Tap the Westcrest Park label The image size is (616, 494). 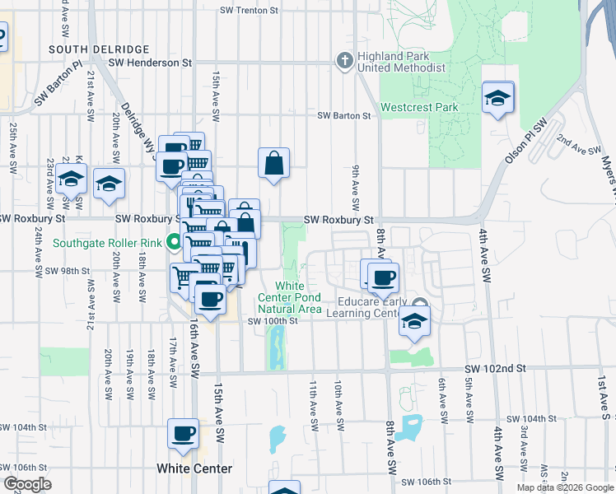(x=419, y=107)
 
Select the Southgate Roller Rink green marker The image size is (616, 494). (x=173, y=242)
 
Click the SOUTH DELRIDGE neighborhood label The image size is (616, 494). (x=99, y=49)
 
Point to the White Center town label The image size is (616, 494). (x=194, y=468)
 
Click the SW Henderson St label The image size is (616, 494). (x=149, y=63)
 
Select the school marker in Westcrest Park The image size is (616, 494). (x=498, y=98)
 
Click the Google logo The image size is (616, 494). (x=26, y=484)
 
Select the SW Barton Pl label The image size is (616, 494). (x=58, y=86)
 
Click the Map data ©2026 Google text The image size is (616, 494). (x=564, y=487)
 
